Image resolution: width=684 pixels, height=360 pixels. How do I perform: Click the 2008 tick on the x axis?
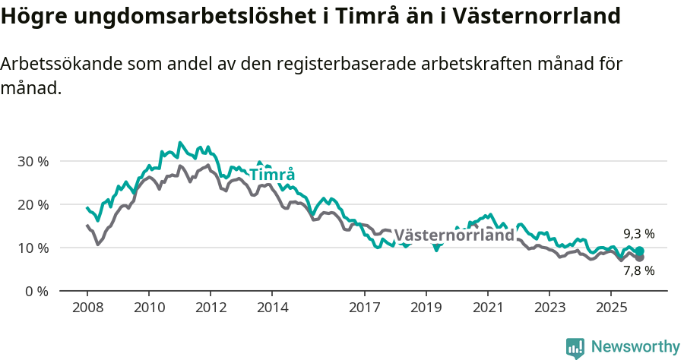(x=87, y=308)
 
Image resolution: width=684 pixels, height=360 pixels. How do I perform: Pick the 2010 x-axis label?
(x=149, y=308)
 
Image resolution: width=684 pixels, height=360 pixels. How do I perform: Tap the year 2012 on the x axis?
(x=211, y=308)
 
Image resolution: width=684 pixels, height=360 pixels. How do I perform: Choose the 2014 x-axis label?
(x=272, y=308)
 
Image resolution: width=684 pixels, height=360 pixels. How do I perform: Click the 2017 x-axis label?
(x=365, y=308)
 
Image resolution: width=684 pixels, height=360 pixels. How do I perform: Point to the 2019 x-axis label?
(x=426, y=308)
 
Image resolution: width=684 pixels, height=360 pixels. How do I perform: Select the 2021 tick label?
(x=488, y=308)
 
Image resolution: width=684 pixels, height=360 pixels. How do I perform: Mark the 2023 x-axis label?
(x=549, y=308)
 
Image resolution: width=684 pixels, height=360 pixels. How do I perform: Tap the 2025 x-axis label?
(x=611, y=308)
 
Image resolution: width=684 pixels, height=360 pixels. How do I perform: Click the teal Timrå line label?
(x=272, y=175)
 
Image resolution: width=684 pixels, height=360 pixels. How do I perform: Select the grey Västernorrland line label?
(x=454, y=235)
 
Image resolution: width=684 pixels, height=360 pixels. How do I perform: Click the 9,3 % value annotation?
(x=638, y=234)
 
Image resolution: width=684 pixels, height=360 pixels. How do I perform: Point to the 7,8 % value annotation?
(x=638, y=270)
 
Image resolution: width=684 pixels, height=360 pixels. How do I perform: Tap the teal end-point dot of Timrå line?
(x=639, y=251)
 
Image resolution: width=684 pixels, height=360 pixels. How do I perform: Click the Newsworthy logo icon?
(x=575, y=348)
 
